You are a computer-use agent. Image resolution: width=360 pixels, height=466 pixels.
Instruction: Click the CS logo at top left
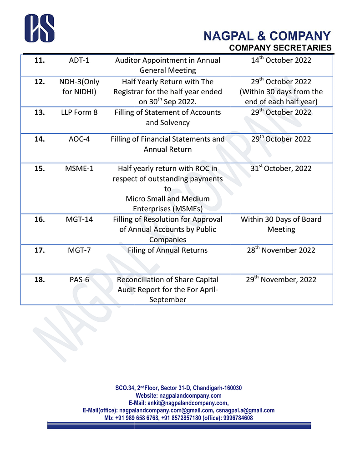[40, 28]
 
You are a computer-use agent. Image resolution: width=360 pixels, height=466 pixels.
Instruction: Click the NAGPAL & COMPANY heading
[267, 36]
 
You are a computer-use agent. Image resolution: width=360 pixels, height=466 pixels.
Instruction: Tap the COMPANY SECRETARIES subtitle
[280, 48]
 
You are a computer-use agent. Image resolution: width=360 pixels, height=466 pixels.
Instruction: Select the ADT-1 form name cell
[79, 61]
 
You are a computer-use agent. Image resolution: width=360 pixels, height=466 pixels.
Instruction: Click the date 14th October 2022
[281, 61]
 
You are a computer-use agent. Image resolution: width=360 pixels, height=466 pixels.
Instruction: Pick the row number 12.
[40, 82]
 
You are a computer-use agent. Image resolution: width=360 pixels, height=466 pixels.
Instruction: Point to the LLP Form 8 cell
[79, 112]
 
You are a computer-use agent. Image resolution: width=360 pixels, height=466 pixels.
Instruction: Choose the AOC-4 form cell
[79, 139]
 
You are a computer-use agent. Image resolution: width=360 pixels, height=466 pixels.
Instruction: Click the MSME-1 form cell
[79, 168]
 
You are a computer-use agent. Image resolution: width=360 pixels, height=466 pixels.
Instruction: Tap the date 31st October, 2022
[281, 168]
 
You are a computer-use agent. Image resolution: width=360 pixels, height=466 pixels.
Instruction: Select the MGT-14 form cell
[79, 219]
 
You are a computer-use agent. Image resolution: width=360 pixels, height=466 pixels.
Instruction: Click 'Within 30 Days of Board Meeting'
[281, 224]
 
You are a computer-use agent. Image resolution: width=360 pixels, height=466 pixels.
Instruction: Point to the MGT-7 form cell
[79, 250]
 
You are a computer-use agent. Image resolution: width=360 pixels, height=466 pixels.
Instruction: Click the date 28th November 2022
[281, 250]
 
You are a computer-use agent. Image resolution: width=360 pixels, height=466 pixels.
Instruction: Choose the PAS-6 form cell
[79, 280]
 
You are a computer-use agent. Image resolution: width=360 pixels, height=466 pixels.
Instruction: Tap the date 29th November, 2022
[281, 280]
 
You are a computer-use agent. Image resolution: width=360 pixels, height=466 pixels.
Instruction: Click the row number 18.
[40, 280]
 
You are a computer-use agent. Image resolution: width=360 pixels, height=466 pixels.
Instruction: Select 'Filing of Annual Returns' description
[167, 250]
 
